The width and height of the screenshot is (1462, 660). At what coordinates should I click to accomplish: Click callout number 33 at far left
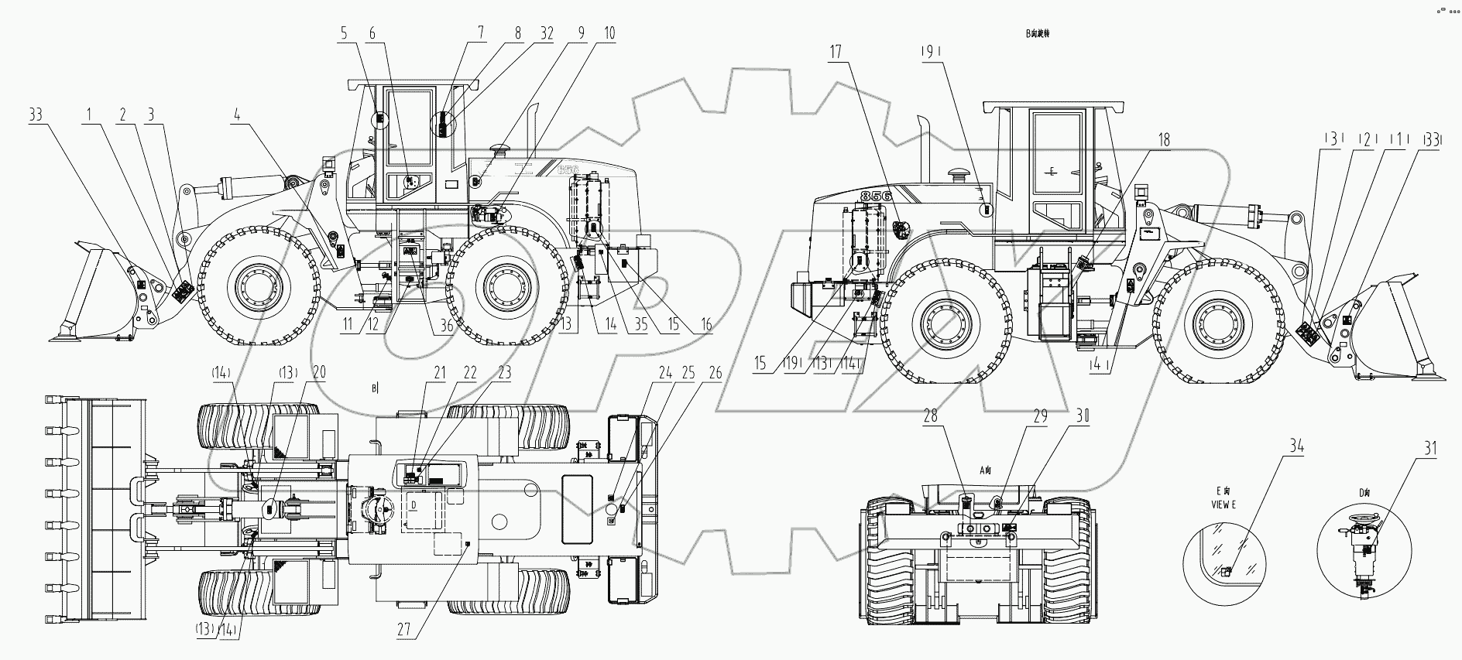point(36,115)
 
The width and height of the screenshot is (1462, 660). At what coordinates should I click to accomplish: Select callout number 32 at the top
point(547,33)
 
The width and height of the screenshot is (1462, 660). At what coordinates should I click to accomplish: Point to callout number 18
point(1164,140)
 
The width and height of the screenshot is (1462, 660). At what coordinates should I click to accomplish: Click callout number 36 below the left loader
point(447,326)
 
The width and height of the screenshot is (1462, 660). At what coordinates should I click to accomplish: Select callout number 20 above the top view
point(319,373)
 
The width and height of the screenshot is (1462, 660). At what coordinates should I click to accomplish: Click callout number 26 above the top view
point(715,373)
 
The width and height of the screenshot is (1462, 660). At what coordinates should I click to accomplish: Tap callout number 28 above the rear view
point(930,415)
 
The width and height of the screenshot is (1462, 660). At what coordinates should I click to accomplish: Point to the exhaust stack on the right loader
point(923,147)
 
